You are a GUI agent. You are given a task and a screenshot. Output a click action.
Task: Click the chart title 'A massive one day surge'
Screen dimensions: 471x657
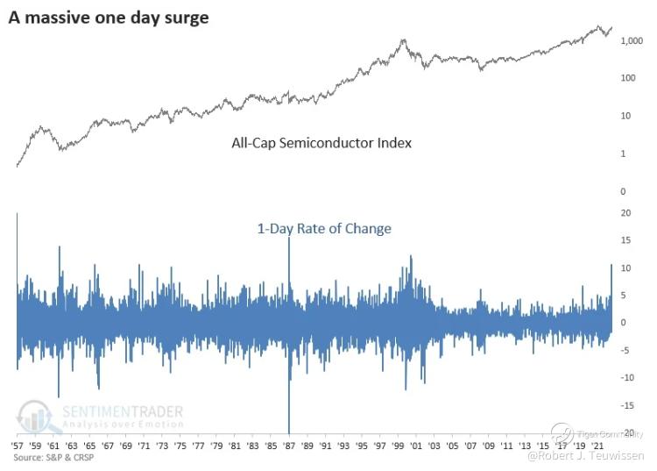pos(109,17)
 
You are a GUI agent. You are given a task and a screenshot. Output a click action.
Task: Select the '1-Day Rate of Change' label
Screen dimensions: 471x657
pos(323,229)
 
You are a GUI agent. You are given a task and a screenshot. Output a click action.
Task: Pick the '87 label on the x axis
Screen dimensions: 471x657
pos(288,446)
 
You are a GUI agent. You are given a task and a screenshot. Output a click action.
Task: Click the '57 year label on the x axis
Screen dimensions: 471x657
pos(17,446)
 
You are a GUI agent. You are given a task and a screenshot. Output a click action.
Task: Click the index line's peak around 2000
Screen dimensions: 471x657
pos(403,39)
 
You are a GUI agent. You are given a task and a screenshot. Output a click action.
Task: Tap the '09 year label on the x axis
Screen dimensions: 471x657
pos(487,446)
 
